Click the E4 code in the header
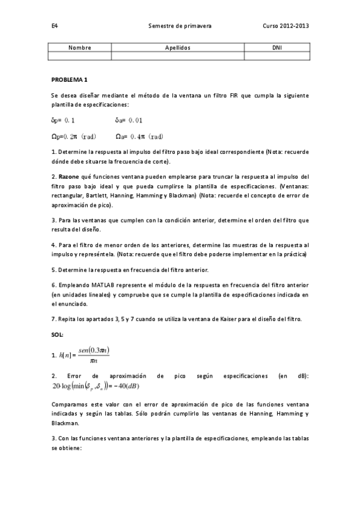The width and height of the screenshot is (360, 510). coord(54,26)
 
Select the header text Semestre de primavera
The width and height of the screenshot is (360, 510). coord(180,26)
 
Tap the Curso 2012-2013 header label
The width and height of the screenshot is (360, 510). coord(286,26)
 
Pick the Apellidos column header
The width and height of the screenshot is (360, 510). coord(178,47)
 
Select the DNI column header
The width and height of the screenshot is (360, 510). coord(276,47)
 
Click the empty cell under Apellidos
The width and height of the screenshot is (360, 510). coord(178,56)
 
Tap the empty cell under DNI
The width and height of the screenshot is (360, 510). coord(276,56)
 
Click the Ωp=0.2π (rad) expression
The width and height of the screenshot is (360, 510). coord(75,136)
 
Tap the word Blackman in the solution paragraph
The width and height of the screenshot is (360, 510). coord(66,423)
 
